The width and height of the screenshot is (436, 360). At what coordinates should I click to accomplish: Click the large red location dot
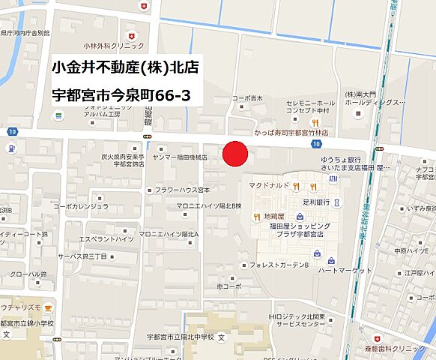(236, 154)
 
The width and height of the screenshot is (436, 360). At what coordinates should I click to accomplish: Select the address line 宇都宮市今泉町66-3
(120, 95)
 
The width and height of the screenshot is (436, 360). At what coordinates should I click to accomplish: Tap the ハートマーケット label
(345, 270)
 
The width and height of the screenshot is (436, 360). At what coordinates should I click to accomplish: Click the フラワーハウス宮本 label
(182, 190)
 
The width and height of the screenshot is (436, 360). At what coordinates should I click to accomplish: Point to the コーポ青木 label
(249, 97)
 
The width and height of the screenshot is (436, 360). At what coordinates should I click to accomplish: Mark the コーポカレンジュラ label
(81, 205)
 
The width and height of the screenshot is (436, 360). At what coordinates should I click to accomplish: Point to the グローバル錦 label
(28, 274)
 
